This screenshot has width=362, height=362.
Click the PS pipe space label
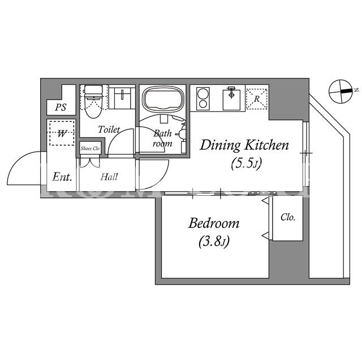point(61,107)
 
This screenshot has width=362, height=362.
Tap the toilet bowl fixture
point(93,101)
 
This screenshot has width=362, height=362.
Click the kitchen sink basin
point(231,100)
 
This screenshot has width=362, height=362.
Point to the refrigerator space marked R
point(257,99)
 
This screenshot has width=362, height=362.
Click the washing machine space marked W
point(62,133)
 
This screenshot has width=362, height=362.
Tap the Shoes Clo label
point(90,148)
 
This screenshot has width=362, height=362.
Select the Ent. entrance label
point(62,177)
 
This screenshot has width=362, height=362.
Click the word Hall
point(109,177)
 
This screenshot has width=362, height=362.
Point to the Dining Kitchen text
point(244,145)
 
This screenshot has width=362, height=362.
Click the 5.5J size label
point(246,163)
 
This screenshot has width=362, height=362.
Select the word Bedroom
point(214,223)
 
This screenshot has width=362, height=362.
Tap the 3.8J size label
point(214,242)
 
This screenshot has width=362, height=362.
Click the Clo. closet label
point(288,217)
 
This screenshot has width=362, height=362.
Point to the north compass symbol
point(342,91)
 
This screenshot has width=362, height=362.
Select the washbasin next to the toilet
point(122,98)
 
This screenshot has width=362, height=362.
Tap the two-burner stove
point(203,98)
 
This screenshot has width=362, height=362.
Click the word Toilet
point(109,130)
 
